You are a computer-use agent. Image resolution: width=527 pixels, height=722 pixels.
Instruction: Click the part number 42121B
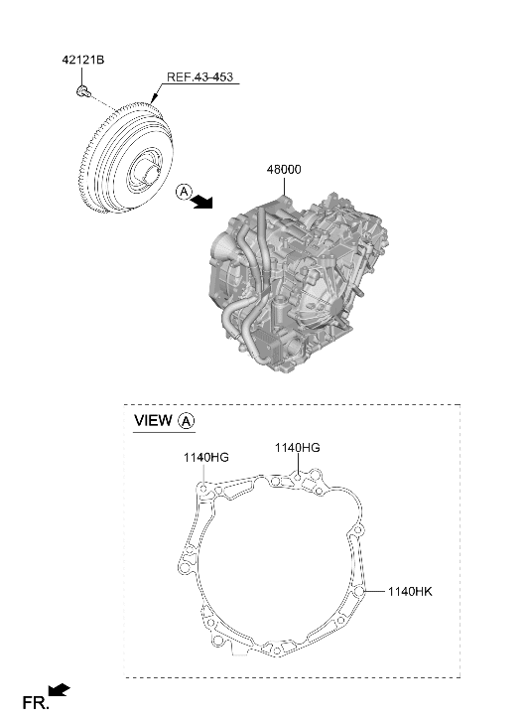(83, 60)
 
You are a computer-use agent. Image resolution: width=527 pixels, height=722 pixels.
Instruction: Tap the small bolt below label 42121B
(82, 91)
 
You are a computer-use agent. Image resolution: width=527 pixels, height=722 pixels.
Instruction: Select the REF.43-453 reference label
(199, 76)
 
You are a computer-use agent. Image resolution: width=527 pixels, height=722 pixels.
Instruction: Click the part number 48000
(284, 170)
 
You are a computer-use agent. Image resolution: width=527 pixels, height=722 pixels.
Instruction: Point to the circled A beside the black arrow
(184, 191)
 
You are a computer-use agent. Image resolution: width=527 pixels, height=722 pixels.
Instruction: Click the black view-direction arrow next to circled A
(202, 202)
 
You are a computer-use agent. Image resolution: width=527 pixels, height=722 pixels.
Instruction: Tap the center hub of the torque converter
(147, 176)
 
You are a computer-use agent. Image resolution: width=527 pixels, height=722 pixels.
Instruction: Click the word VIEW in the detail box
(153, 420)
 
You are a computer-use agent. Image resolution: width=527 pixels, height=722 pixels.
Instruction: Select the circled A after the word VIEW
(186, 421)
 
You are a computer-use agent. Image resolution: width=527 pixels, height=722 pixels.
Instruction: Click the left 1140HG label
(205, 457)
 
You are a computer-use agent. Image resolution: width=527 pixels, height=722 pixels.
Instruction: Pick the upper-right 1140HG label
(298, 448)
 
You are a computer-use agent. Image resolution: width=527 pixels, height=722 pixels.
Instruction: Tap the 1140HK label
(410, 591)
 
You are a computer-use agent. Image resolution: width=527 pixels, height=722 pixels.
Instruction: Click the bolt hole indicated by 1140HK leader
(360, 591)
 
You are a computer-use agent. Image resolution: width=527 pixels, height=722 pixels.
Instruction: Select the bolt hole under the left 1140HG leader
(203, 489)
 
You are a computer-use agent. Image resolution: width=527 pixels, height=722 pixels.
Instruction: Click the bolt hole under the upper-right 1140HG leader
(298, 478)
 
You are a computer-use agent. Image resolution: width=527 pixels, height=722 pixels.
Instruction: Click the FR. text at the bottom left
(36, 703)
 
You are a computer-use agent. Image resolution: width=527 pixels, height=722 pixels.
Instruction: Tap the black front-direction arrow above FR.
(59, 689)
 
